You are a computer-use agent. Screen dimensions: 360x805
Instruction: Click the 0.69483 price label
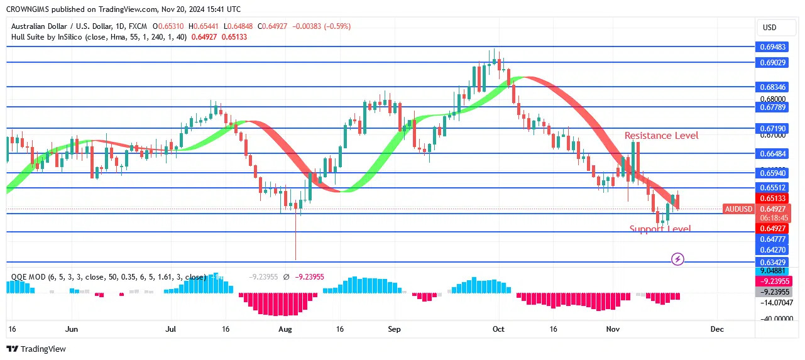pos(772,47)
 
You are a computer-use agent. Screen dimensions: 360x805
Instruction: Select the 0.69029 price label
pos(772,63)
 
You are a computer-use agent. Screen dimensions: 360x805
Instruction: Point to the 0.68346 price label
pos(772,87)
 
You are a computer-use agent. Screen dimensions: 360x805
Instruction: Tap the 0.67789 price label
pos(772,107)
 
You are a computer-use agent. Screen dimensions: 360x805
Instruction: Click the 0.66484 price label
pos(772,153)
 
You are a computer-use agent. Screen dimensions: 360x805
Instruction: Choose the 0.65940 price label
pos(772,173)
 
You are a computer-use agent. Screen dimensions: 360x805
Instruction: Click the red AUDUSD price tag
pos(738,209)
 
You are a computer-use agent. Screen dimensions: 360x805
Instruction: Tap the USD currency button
pos(770,28)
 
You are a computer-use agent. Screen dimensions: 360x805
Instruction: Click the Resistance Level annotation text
pos(661,136)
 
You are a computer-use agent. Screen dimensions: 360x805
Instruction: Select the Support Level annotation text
pos(660,229)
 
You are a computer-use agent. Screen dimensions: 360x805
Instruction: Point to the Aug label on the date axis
pos(285,329)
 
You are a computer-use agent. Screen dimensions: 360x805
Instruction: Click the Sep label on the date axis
pos(395,329)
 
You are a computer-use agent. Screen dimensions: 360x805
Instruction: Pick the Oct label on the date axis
pos(498,329)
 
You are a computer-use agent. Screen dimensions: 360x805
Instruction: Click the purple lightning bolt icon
pos(677,259)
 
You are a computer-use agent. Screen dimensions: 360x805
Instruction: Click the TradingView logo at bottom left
pos(36,349)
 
